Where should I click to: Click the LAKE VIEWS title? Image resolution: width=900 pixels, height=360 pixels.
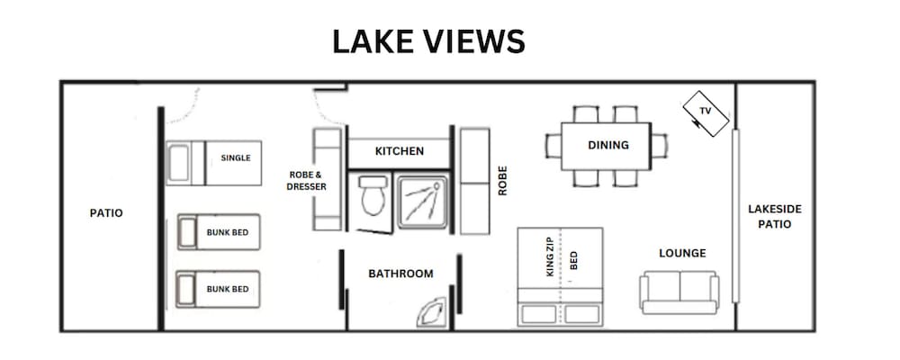click(x=428, y=42)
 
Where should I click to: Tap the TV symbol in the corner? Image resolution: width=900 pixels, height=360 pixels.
click(x=706, y=113)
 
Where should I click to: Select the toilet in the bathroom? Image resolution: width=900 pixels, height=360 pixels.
click(x=373, y=195)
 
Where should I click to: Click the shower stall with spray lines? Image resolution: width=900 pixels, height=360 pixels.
click(x=424, y=202)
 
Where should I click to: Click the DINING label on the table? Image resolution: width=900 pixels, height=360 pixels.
click(x=607, y=145)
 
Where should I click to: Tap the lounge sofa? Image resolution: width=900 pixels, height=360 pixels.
click(x=679, y=292)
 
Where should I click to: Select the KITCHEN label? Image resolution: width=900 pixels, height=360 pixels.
click(x=400, y=151)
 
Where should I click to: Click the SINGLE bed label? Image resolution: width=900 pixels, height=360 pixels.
click(x=236, y=157)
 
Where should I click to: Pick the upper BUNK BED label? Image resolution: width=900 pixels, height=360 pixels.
click(x=228, y=232)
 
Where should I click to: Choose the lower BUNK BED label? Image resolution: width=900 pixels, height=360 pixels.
click(x=228, y=289)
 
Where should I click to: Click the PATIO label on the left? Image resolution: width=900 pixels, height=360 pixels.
click(x=106, y=213)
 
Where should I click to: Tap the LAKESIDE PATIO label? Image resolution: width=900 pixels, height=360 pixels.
click(x=774, y=217)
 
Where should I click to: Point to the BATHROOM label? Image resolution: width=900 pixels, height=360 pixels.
click(x=400, y=274)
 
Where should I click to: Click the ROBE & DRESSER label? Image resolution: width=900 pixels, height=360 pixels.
click(x=307, y=181)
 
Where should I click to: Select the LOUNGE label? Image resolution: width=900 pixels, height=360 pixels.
click(x=682, y=253)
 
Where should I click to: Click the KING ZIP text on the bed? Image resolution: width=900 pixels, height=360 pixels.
click(x=551, y=257)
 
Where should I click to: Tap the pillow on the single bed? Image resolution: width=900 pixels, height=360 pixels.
click(x=179, y=163)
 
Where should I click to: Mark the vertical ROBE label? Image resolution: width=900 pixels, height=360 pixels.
click(x=503, y=181)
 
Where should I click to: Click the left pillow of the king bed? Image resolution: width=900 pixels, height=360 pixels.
click(x=539, y=314)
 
